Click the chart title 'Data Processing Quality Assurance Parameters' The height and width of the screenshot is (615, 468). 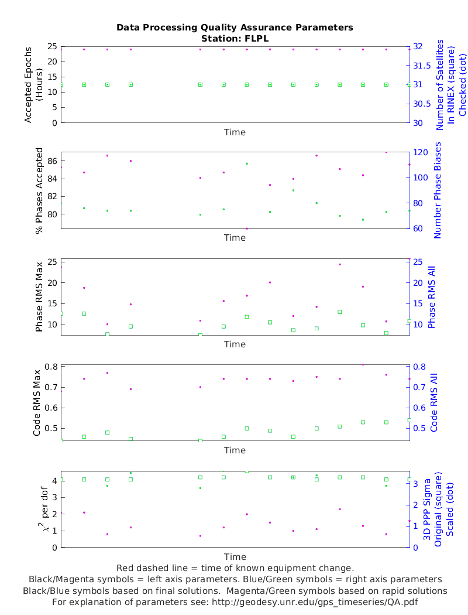click(235, 28)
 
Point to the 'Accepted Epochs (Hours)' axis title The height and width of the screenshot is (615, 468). click(34, 84)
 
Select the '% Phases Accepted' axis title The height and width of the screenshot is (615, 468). click(39, 190)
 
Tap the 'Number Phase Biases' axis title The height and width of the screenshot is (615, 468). click(437, 190)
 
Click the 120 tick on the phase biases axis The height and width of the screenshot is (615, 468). click(419, 152)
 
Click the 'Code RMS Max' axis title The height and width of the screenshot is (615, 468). click(37, 403)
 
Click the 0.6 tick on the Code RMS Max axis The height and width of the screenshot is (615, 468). click(50, 408)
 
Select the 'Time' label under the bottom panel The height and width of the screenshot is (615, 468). click(235, 556)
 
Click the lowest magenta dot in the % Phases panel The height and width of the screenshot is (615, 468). click(247, 228)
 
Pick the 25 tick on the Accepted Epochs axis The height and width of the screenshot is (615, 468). click(51, 46)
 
